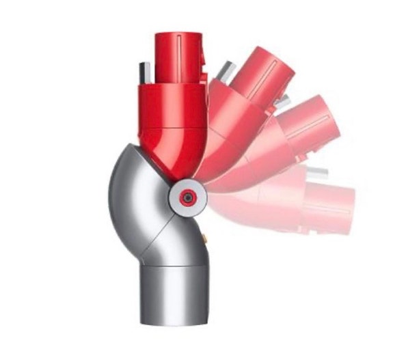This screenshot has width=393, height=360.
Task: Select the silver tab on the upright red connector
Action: [142, 71]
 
